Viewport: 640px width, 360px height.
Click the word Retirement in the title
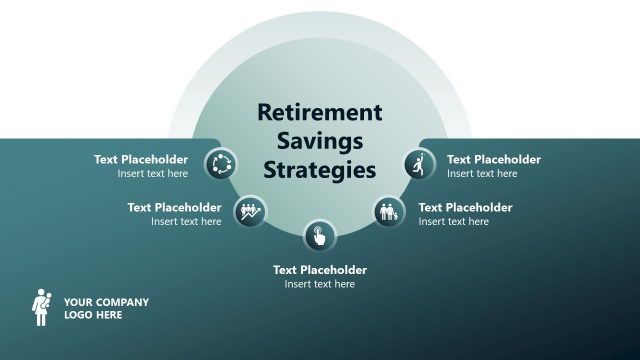click(320, 112)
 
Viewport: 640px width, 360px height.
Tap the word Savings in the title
click(320, 141)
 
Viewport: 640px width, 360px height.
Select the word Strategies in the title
click(320, 170)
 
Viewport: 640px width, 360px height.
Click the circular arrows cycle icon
click(220, 163)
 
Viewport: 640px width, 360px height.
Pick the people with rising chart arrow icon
click(250, 211)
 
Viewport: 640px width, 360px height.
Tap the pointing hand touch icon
click(320, 236)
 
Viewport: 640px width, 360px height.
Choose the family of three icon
click(389, 212)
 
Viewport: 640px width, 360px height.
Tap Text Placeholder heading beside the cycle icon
click(141, 159)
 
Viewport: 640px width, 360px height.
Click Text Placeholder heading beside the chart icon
click(174, 207)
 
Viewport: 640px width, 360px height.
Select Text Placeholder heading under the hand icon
click(320, 270)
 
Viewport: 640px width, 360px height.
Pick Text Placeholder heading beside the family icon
click(465, 207)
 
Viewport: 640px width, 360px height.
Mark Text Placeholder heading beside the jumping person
click(494, 159)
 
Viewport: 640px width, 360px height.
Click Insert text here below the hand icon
click(320, 284)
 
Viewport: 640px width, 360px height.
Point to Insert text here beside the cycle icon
click(152, 173)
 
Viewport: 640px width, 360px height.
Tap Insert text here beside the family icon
click(454, 221)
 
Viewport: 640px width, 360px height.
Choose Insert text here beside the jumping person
click(482, 173)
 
